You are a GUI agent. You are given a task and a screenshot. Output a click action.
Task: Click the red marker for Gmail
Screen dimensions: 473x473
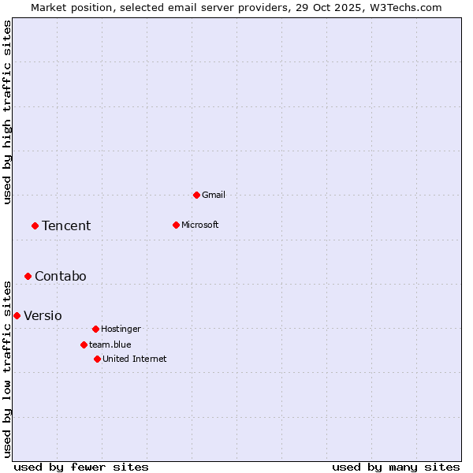tap(196, 195)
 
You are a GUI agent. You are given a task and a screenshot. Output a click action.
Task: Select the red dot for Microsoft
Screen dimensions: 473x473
tap(176, 225)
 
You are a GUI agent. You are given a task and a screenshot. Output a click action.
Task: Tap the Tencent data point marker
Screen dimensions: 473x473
tap(35, 225)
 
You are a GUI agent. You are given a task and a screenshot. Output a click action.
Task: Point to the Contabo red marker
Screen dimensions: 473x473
tap(28, 276)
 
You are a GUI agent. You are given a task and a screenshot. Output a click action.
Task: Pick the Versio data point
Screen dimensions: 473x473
tap(17, 315)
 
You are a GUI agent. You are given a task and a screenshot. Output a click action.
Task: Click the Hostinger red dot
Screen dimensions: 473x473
tap(95, 329)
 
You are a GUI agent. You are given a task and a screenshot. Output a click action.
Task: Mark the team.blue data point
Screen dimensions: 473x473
tap(84, 345)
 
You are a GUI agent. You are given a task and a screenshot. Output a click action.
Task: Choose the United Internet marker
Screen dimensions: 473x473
tap(97, 359)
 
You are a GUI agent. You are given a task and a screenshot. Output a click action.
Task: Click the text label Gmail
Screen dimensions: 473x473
tap(214, 195)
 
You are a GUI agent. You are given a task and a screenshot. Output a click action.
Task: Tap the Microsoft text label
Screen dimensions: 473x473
tap(200, 225)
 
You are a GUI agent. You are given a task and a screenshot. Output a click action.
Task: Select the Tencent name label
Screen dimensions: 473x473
tap(66, 226)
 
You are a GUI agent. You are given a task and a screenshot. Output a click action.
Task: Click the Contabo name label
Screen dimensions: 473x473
tap(61, 277)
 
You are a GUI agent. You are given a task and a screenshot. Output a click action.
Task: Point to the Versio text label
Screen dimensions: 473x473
tap(43, 316)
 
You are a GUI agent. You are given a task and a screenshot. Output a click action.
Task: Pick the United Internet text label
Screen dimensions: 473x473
tap(135, 359)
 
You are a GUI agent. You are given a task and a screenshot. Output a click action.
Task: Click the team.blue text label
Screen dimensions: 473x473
tap(110, 345)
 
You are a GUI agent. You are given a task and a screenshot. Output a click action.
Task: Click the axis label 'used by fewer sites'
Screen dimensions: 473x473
tap(81, 467)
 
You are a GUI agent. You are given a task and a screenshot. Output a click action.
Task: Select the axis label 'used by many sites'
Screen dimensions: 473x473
tap(396, 467)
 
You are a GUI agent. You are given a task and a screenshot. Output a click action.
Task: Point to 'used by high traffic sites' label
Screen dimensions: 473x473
tap(7, 112)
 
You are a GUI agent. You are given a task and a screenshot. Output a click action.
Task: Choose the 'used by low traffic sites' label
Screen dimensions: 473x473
tap(7, 369)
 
